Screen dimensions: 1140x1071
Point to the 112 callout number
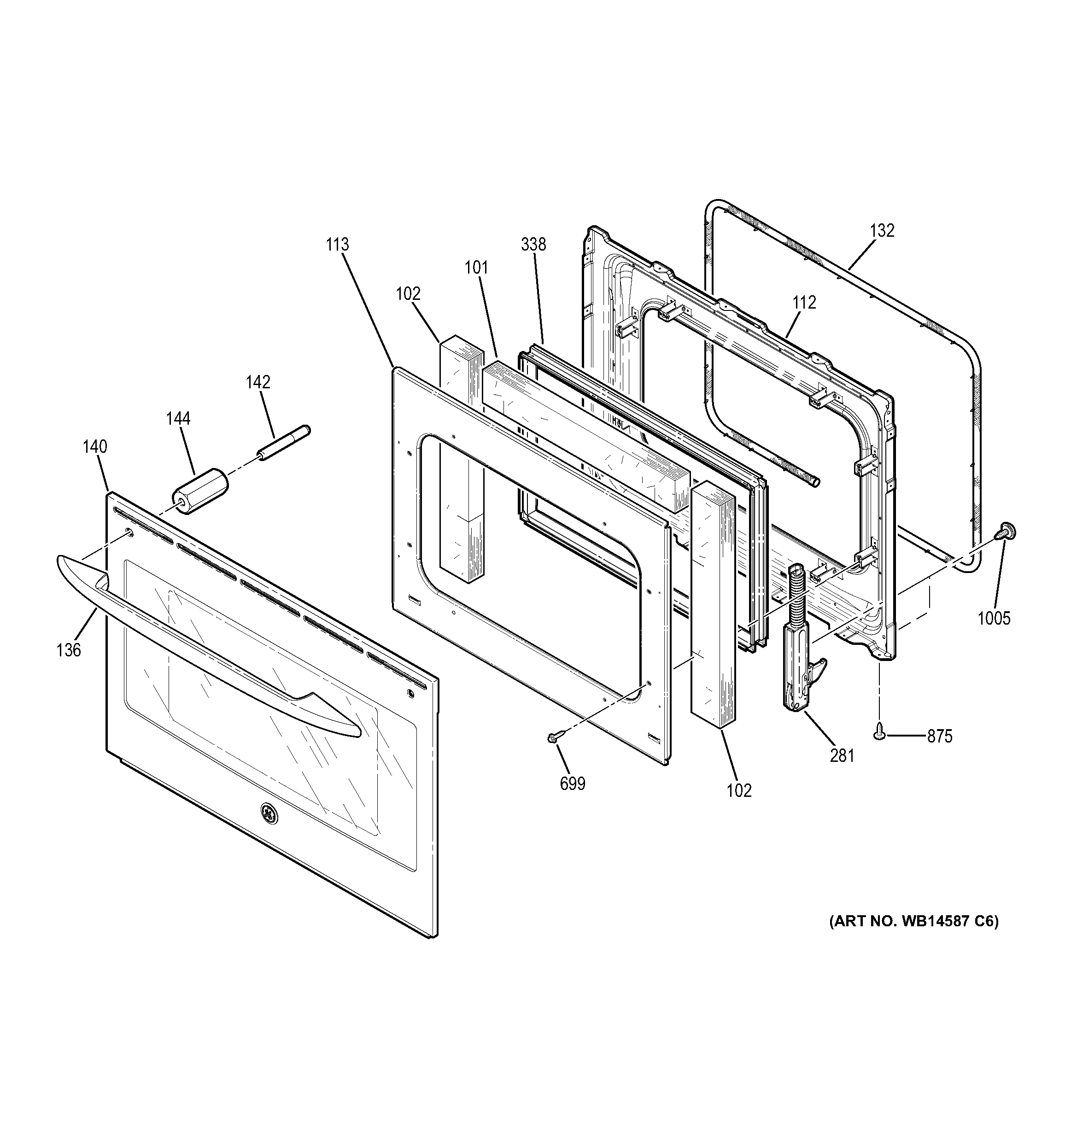pyautogui.click(x=804, y=302)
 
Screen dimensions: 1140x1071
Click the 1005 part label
pyautogui.click(x=994, y=618)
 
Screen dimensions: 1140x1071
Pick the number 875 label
pyautogui.click(x=940, y=737)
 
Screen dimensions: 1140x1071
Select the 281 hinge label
pyautogui.click(x=842, y=756)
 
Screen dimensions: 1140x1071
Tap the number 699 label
pyautogui.click(x=572, y=783)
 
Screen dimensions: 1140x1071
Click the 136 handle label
pyautogui.click(x=69, y=650)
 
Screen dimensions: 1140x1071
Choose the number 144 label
pyautogui.click(x=178, y=419)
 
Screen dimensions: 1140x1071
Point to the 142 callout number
pyautogui.click(x=258, y=382)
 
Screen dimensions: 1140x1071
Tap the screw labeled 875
pyautogui.click(x=878, y=731)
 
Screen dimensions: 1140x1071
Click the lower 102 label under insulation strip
pyautogui.click(x=738, y=791)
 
